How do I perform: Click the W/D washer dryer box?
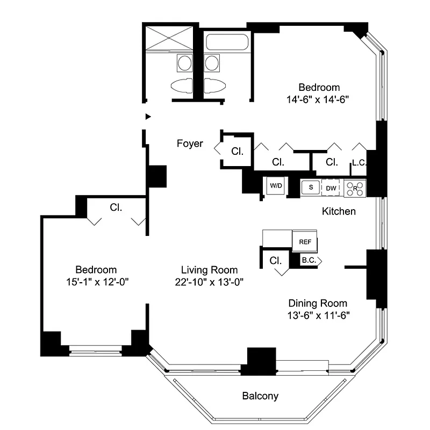click(276, 186)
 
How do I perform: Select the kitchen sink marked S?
click(310, 187)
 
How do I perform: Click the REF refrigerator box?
click(305, 242)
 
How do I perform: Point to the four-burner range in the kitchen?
click(355, 188)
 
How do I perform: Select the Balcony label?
click(260, 397)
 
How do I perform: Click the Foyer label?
click(190, 144)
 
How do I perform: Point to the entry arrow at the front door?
click(148, 116)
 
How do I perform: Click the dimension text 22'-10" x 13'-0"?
click(209, 283)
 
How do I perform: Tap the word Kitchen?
click(339, 211)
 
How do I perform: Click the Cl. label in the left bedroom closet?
click(116, 206)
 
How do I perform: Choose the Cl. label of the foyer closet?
click(237, 152)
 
